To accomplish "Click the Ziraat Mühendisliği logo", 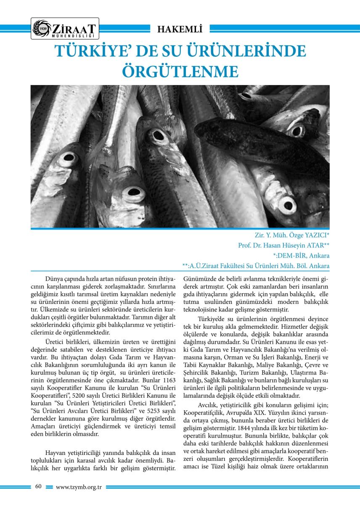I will [x=65, y=28].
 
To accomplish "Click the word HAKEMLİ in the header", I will [x=180, y=29].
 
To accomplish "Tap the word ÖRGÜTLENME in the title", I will [x=180, y=71].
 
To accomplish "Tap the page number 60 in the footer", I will [x=38, y=486].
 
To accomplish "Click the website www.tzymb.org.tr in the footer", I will [x=79, y=487].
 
